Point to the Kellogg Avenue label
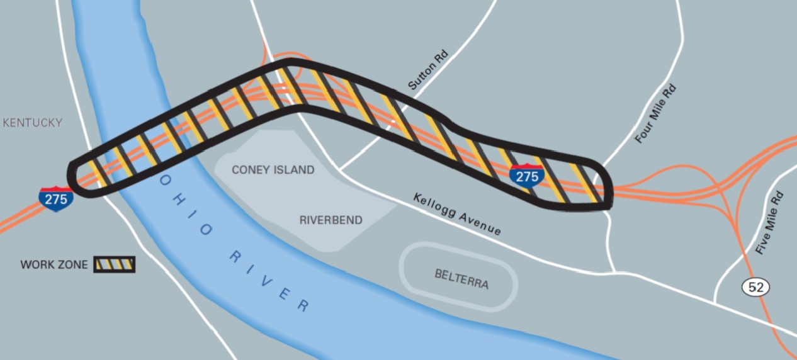pos(457,215)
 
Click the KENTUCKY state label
pos(33,123)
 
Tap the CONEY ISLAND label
pos(273,170)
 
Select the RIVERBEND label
pos(331,220)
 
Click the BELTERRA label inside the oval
pos(461,278)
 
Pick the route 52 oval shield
pos(755,287)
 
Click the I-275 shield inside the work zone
pos(527,176)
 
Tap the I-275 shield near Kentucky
pos(56,198)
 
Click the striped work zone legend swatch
pos(114,264)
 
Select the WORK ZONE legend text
pos(54,265)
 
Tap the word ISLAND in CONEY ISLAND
pos(295,170)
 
